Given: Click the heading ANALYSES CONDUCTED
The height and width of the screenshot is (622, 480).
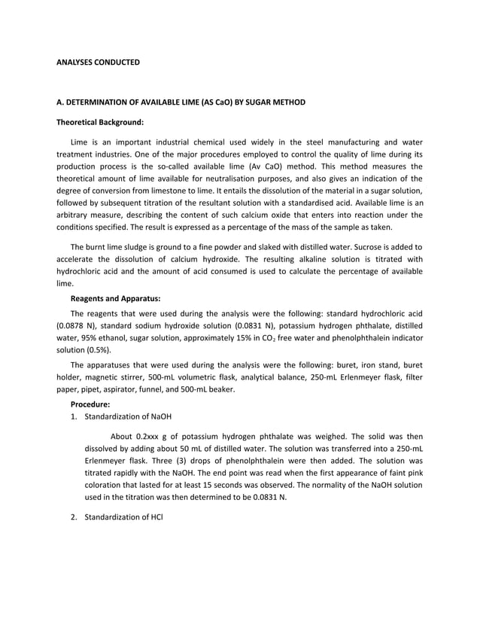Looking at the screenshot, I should (98, 61).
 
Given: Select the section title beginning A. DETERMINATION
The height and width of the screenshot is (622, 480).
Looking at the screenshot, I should (181, 102).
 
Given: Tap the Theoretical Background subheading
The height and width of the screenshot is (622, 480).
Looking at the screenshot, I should (100, 121).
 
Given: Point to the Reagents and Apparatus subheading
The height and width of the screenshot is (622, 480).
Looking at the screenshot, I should (115, 298).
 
